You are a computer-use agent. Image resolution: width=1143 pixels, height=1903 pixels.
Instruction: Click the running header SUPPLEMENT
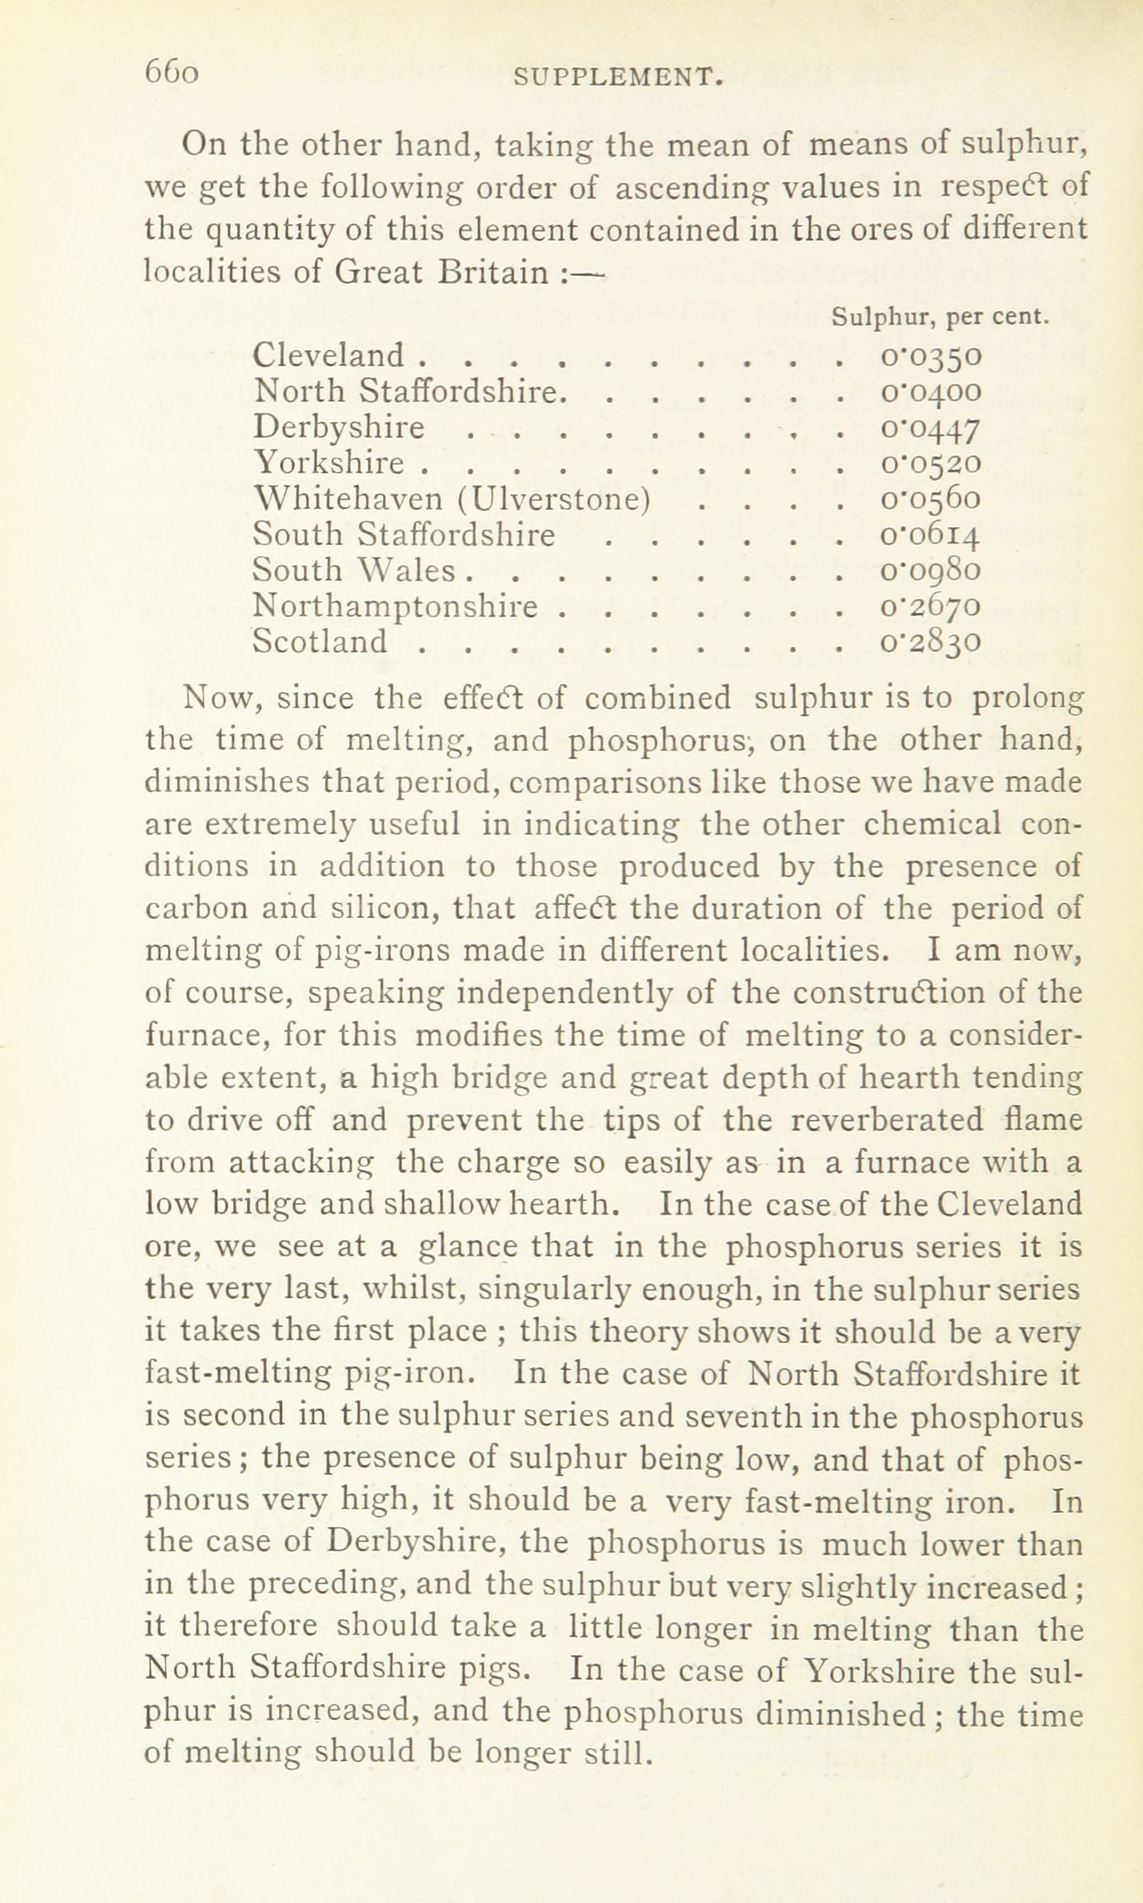(x=618, y=78)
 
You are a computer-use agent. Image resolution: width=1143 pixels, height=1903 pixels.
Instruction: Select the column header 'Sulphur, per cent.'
(x=940, y=316)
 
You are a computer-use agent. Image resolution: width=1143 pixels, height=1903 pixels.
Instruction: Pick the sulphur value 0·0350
(x=931, y=356)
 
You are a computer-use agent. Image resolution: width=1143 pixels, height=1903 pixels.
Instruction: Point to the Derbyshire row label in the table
(x=339, y=427)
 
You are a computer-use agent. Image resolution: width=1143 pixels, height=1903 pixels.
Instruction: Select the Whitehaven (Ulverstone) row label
(x=453, y=498)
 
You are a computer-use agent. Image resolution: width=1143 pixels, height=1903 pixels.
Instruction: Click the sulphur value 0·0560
(x=931, y=499)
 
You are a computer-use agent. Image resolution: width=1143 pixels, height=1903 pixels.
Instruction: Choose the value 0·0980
(x=931, y=571)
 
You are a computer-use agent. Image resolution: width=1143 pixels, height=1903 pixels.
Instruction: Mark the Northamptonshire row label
(x=397, y=606)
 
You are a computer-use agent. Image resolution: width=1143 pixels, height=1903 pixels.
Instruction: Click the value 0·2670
(x=931, y=607)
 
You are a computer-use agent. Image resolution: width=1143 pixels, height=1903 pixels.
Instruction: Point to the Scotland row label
(x=320, y=641)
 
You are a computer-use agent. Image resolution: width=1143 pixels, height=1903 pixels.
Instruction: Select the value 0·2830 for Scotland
(x=931, y=642)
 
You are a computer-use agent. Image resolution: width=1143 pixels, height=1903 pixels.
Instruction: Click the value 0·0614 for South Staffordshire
(x=931, y=535)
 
